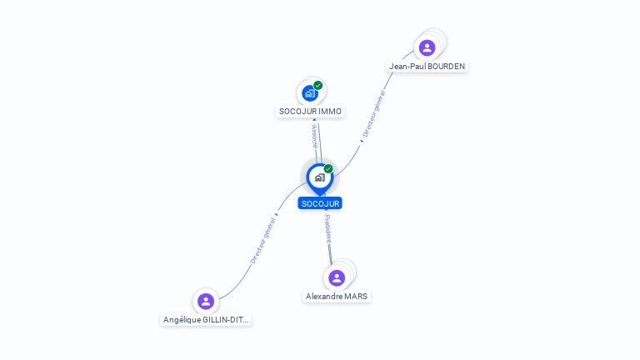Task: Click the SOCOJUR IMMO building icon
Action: click(310, 92)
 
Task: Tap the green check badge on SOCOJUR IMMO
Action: click(317, 85)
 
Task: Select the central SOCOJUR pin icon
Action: click(319, 177)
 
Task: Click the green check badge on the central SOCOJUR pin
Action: click(328, 169)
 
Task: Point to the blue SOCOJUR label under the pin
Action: click(321, 203)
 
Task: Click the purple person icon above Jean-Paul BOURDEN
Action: click(427, 47)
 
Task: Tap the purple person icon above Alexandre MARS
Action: click(337, 277)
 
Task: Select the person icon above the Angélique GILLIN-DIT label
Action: click(206, 301)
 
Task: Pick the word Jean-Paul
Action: click(407, 67)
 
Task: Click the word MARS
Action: click(356, 297)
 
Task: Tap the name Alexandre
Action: click(324, 297)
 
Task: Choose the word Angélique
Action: click(182, 320)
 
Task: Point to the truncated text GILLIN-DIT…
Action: click(225, 320)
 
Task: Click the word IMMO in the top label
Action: click(330, 112)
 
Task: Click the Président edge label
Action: click(327, 228)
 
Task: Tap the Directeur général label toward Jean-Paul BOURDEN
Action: click(372, 113)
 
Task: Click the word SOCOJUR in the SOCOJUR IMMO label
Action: click(298, 112)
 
